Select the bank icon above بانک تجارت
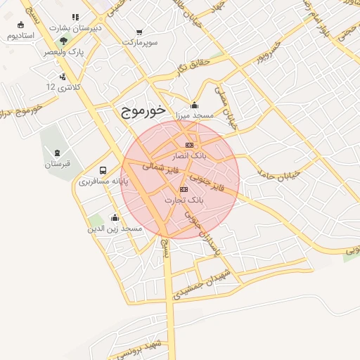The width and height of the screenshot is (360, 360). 184,189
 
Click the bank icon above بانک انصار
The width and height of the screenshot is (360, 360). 188,144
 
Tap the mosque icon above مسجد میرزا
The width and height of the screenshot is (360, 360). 195,105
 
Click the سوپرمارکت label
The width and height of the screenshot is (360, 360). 139,43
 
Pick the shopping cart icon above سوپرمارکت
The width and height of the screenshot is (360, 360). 139,32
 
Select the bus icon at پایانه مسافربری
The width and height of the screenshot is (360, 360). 103,170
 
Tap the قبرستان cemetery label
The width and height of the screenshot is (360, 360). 58,164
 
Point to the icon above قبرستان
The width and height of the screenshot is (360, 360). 57,153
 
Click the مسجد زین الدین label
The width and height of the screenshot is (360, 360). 115,229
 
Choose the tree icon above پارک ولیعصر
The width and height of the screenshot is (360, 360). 64,41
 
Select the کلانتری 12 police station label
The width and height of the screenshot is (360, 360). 60,86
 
